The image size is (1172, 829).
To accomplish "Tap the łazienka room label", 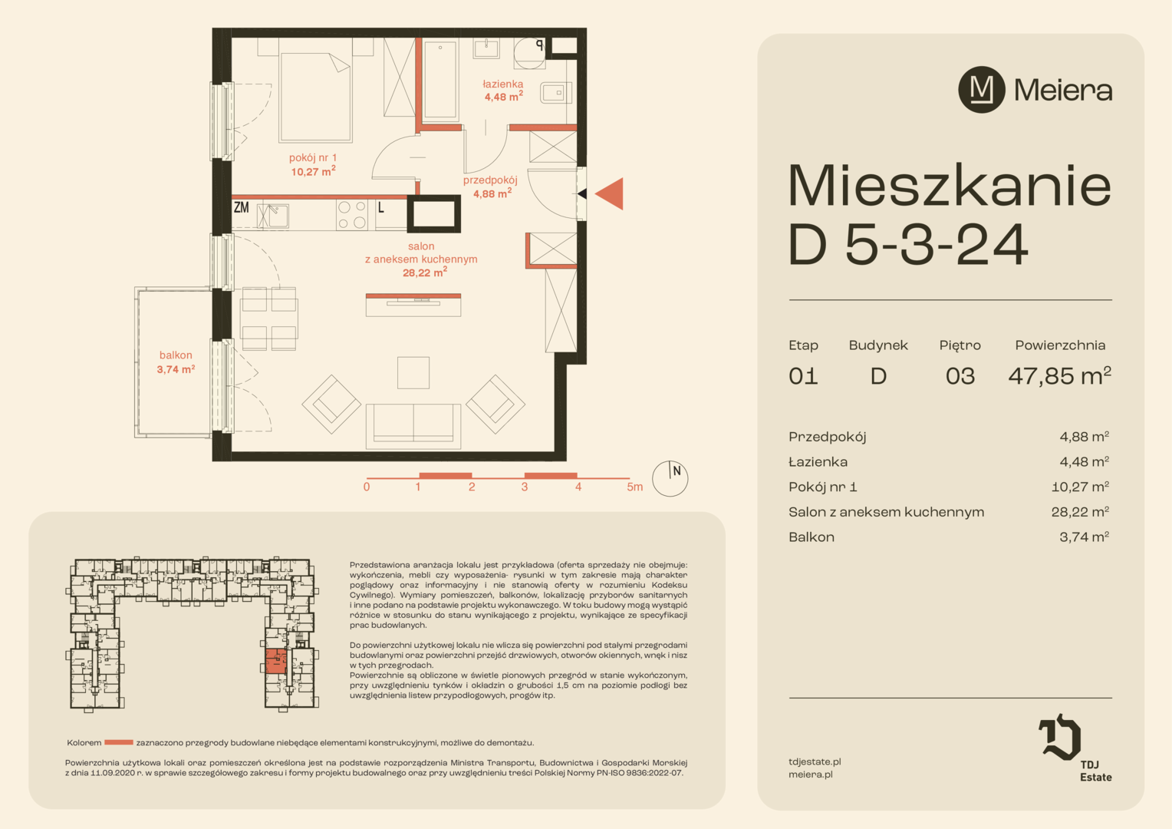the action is click(503, 90).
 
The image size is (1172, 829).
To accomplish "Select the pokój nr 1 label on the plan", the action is click(313, 164).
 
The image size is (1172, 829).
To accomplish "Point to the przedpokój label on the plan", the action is click(490, 187).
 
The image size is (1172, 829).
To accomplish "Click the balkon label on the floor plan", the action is click(176, 362).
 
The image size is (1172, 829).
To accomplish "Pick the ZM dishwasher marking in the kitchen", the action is click(241, 207).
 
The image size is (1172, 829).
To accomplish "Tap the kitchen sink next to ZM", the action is click(273, 215).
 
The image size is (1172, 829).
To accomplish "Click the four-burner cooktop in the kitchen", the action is click(351, 214).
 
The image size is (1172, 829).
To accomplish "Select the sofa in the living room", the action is click(413, 426).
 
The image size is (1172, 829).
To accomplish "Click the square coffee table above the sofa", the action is click(413, 373).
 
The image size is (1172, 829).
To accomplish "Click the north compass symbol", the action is click(670, 479).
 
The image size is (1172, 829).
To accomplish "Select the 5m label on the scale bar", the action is click(634, 487).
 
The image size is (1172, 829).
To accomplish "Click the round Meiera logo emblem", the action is click(982, 90).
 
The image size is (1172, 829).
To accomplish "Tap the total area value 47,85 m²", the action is click(1059, 375).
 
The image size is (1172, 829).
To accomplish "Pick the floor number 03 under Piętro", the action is click(960, 376).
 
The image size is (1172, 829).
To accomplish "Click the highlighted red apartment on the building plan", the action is click(275, 662).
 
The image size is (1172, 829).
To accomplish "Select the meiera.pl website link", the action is click(811, 775).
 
